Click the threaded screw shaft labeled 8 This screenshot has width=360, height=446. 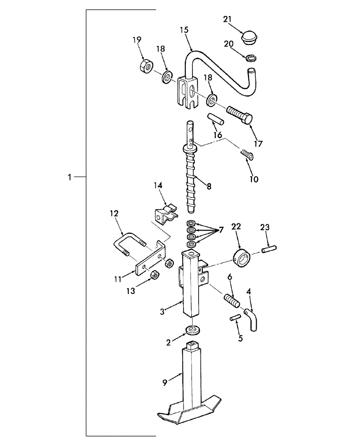coord(192,178)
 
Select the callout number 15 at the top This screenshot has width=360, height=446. coord(184,30)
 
